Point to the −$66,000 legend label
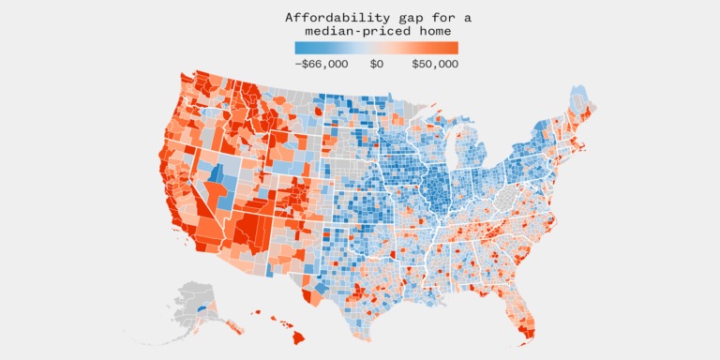[x=322, y=64]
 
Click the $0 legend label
[x=376, y=64]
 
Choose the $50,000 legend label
[x=434, y=64]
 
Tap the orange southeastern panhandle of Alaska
[x=234, y=326]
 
